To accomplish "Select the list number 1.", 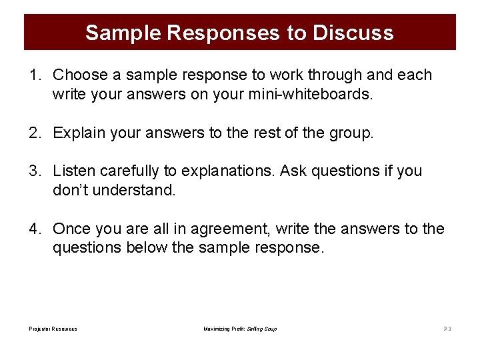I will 34,75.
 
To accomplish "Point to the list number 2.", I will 34,133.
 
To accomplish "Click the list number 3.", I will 34,171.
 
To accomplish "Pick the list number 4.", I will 34,229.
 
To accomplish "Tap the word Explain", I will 79,133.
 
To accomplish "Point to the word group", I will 351,133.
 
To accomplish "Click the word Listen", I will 74,171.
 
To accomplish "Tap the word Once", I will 72,229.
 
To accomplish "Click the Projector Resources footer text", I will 53,329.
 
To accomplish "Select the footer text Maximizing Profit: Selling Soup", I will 240,329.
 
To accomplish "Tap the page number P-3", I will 447,329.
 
